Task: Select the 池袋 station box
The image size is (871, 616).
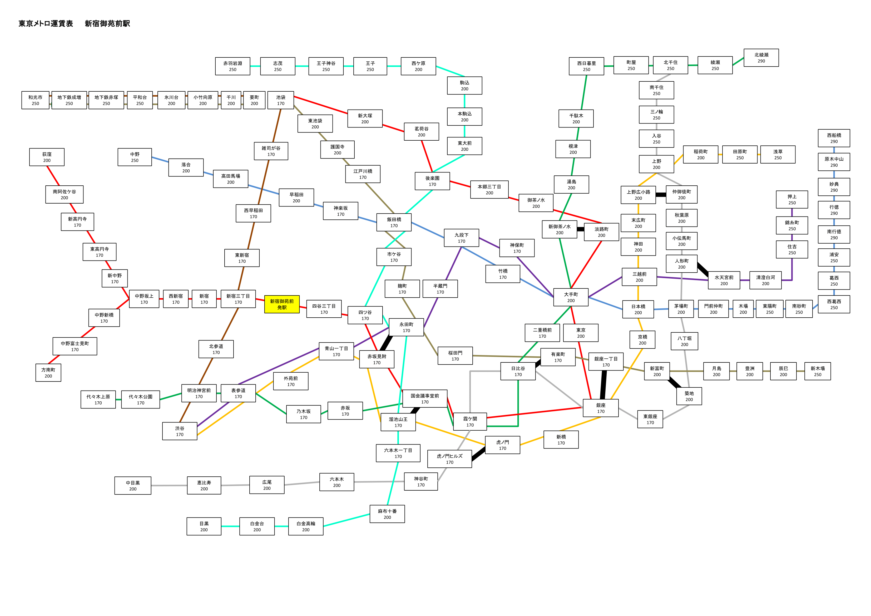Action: pyautogui.click(x=281, y=100)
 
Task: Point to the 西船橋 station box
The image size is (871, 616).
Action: pyautogui.click(x=834, y=138)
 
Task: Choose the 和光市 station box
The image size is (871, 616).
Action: pyautogui.click(x=35, y=100)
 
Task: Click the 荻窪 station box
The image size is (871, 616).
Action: pyautogui.click(x=47, y=157)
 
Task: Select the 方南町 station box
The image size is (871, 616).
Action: pyautogui.click(x=48, y=373)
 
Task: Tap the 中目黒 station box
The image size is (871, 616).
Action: pyautogui.click(x=133, y=485)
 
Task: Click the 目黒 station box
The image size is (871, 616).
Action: pyautogui.click(x=204, y=526)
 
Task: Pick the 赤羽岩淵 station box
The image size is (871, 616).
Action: pyautogui.click(x=232, y=66)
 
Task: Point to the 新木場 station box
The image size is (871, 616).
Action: pyautogui.click(x=818, y=371)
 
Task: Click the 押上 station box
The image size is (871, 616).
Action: pyautogui.click(x=792, y=200)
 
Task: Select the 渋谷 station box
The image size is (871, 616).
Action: pyautogui.click(x=180, y=431)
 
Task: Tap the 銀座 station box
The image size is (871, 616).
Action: pyautogui.click(x=601, y=408)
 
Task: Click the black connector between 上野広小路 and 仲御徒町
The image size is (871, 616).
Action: pyautogui.click(x=661, y=195)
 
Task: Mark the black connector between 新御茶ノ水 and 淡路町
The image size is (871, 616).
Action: pyautogui.click(x=580, y=229)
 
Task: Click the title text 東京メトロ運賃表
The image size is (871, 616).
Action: pyautogui.click(x=46, y=23)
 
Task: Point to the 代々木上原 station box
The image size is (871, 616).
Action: pyautogui.click(x=98, y=400)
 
